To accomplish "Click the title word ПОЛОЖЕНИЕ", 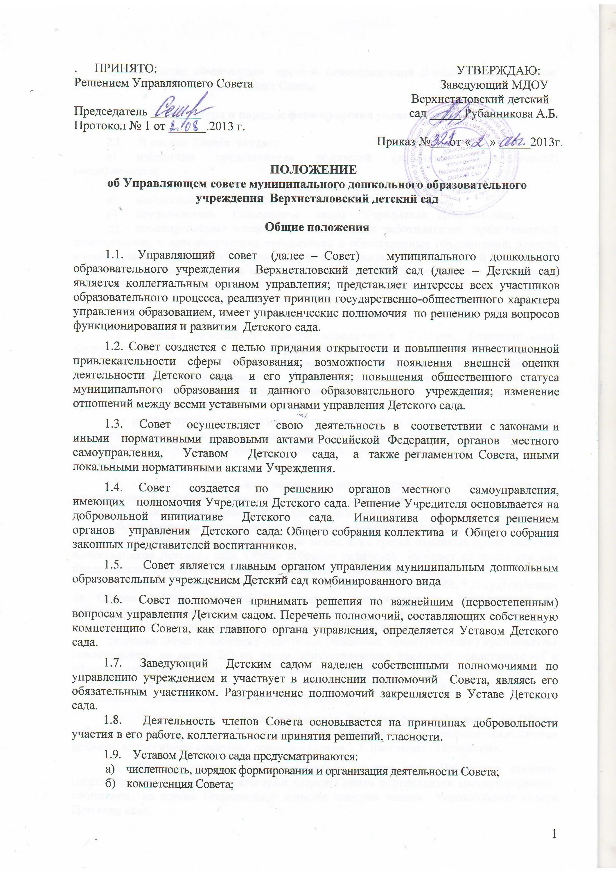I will pyautogui.click(x=313, y=169).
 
